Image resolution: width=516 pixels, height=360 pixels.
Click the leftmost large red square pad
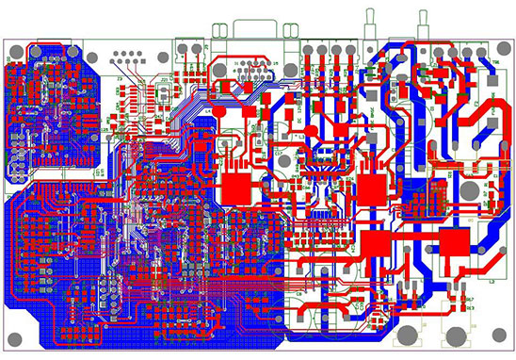pos(236,188)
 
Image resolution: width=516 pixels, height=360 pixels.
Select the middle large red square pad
pos(371,188)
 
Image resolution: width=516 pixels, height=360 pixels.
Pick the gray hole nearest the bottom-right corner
pos(497,335)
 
